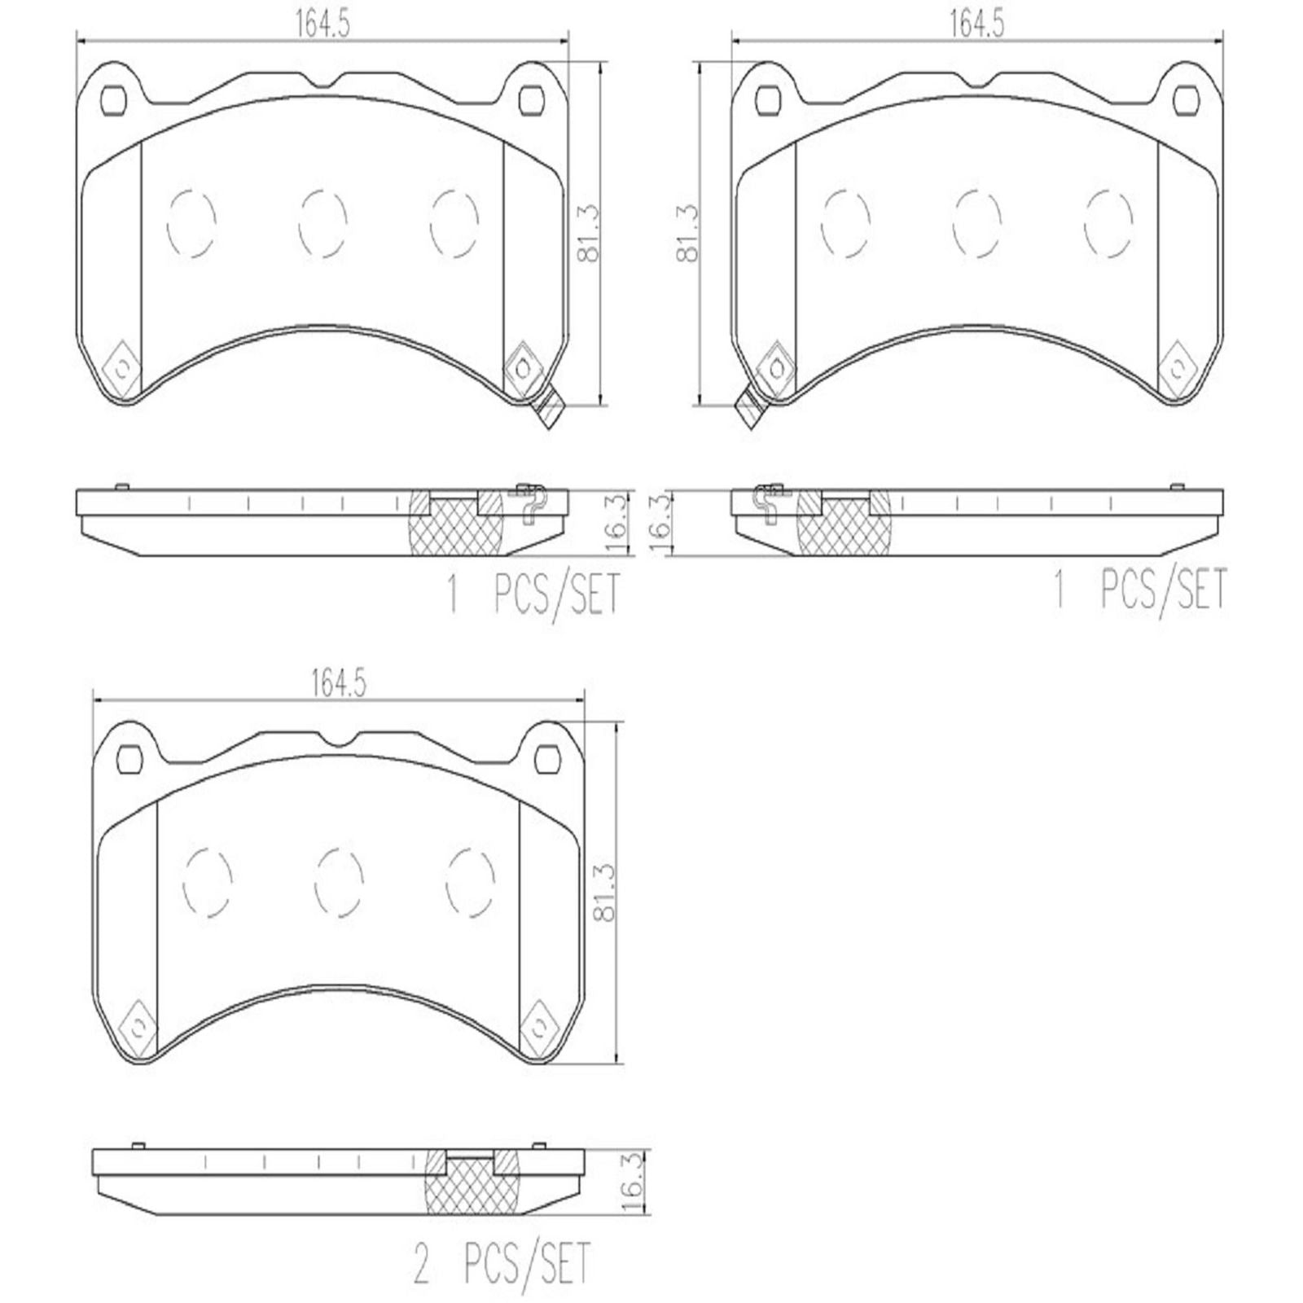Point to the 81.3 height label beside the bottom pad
click(x=604, y=894)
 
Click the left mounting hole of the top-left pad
click(x=114, y=99)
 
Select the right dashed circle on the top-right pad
click(x=1109, y=223)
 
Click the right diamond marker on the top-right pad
click(x=1178, y=368)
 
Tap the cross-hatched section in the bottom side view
click(x=463, y=1187)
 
